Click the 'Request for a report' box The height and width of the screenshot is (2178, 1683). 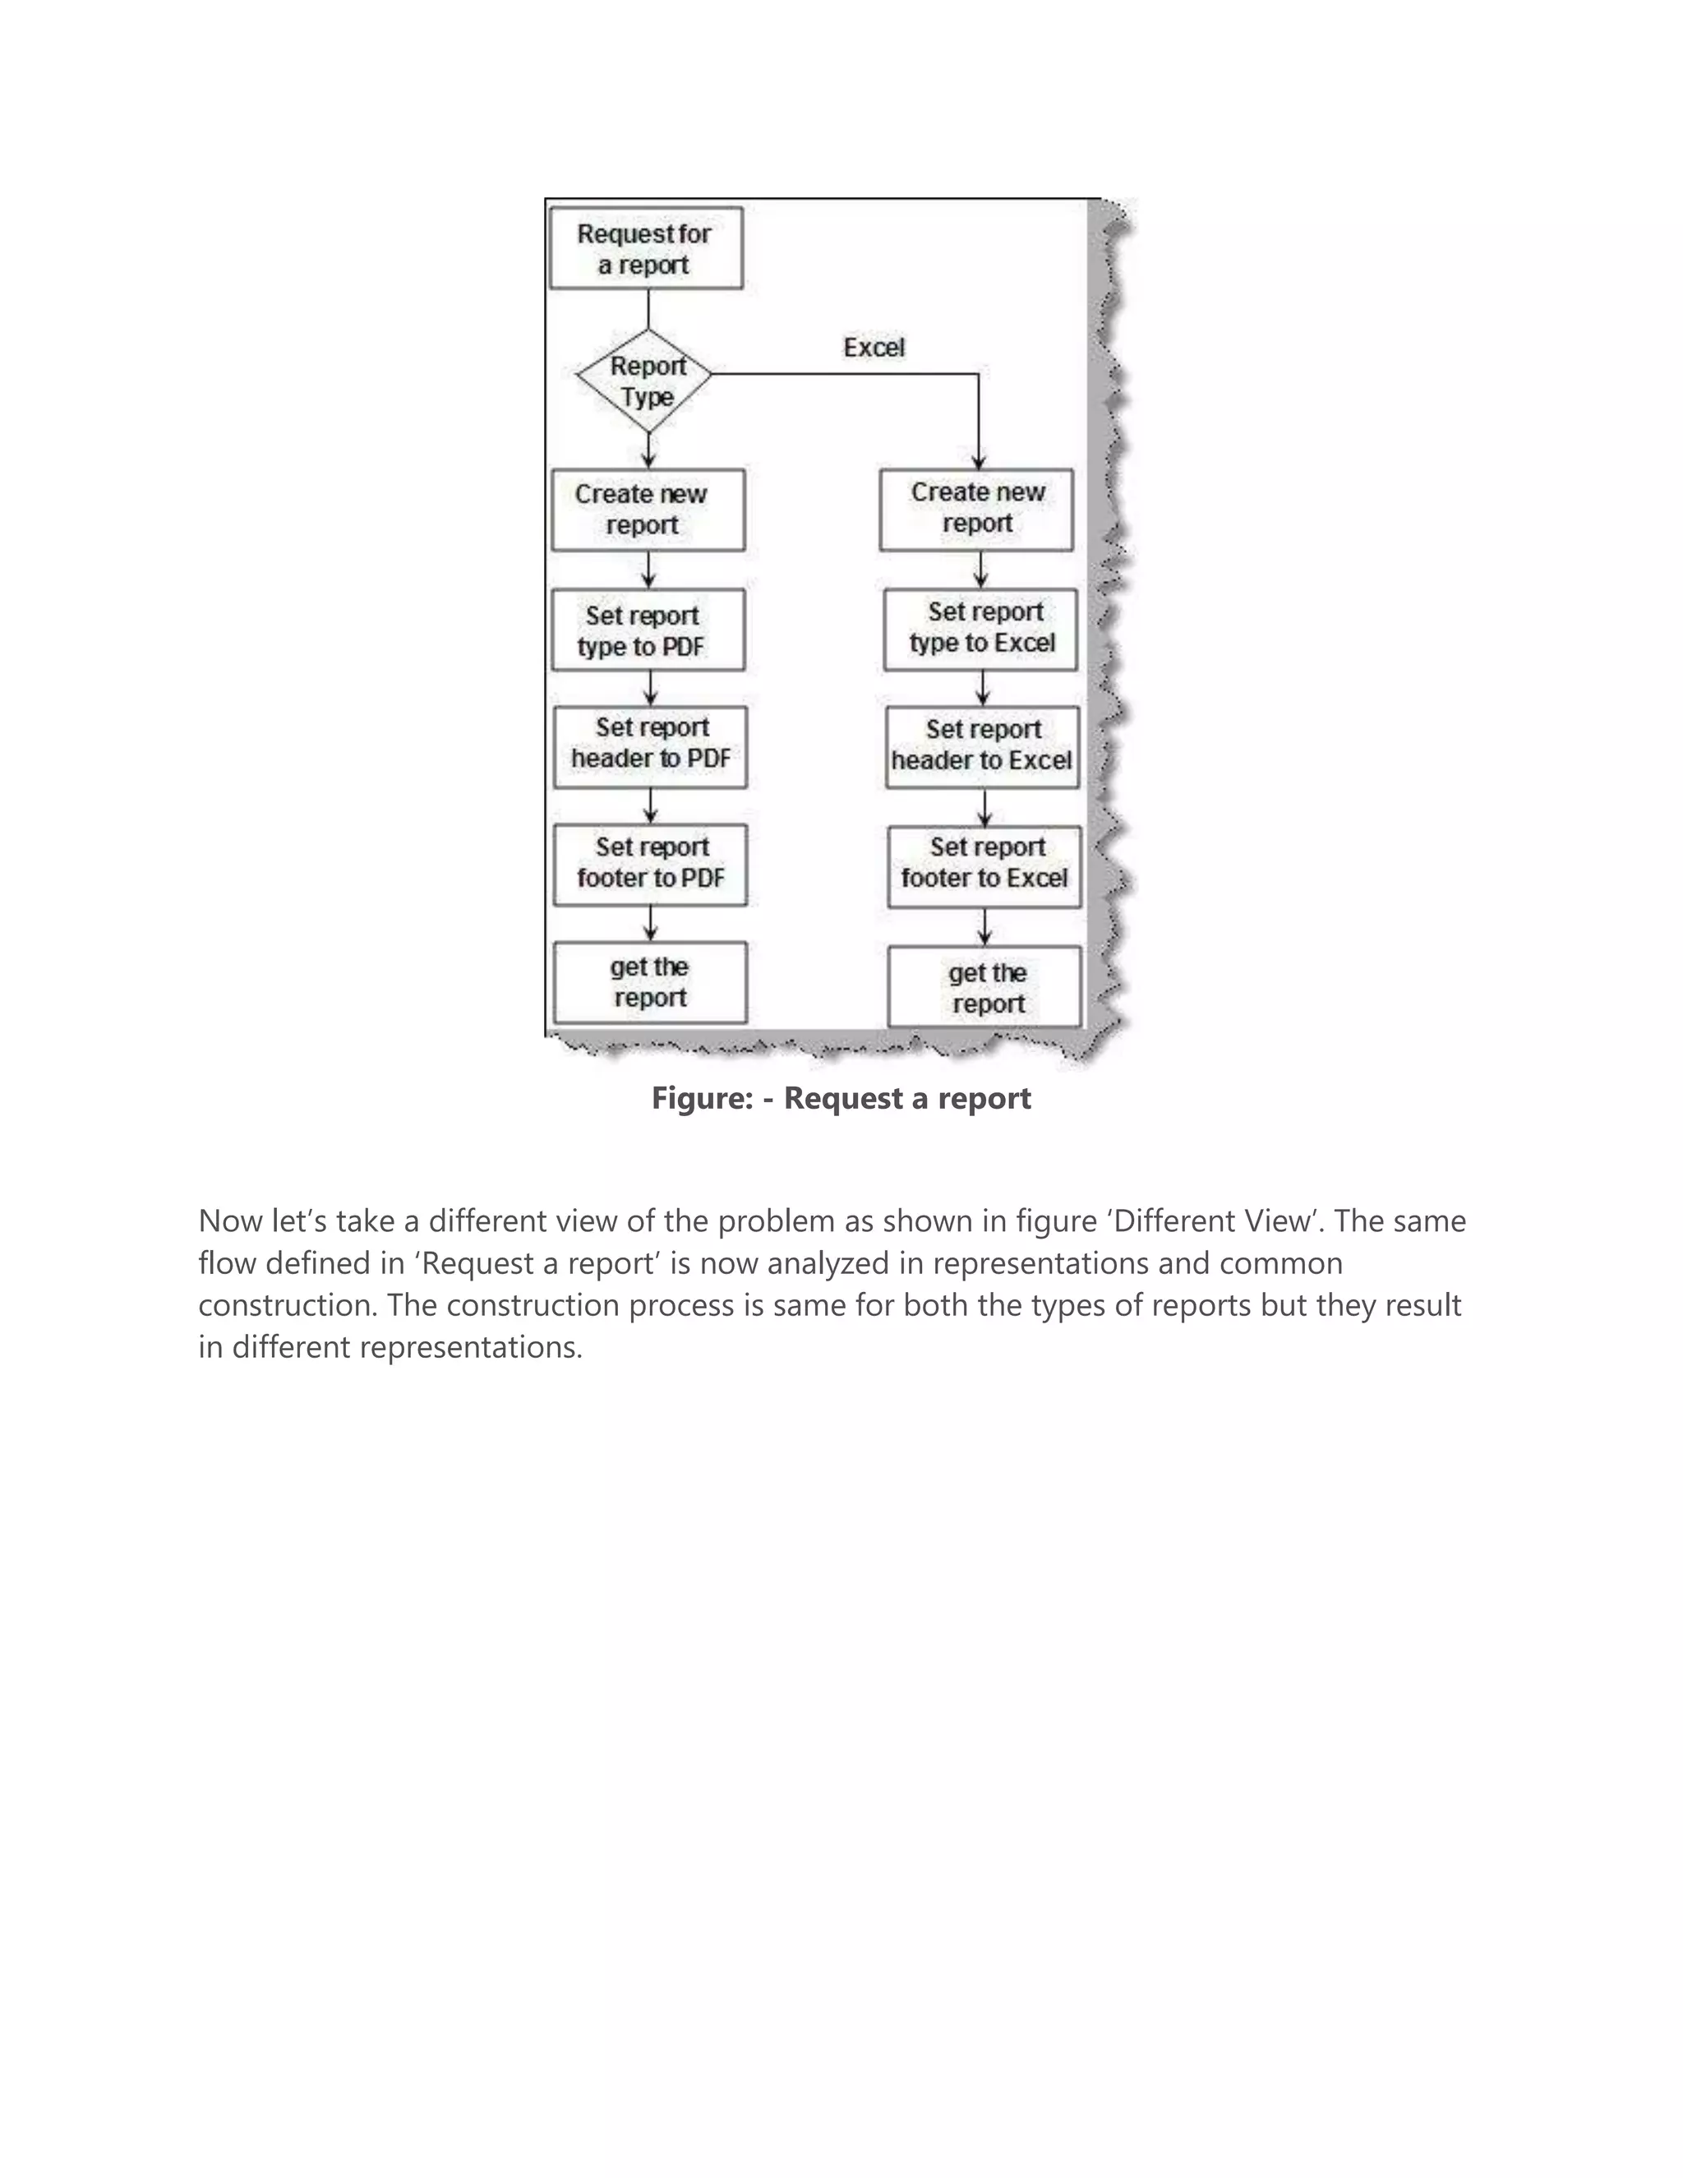coord(646,248)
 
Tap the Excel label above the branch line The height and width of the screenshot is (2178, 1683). coord(874,347)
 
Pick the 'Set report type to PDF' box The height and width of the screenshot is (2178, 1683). coord(648,630)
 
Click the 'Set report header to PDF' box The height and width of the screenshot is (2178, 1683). coord(650,747)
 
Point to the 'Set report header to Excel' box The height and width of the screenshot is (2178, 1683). coord(982,747)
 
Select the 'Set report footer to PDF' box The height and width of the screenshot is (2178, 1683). coord(650,865)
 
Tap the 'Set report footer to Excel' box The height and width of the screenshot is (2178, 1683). coord(984,865)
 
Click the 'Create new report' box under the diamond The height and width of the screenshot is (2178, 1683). coord(648,510)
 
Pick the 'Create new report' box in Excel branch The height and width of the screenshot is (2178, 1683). coord(976,509)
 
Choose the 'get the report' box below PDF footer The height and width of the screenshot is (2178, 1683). coord(650,982)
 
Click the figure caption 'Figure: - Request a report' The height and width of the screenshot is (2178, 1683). coord(841,1098)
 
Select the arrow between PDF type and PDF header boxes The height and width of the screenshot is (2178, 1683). coord(650,689)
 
